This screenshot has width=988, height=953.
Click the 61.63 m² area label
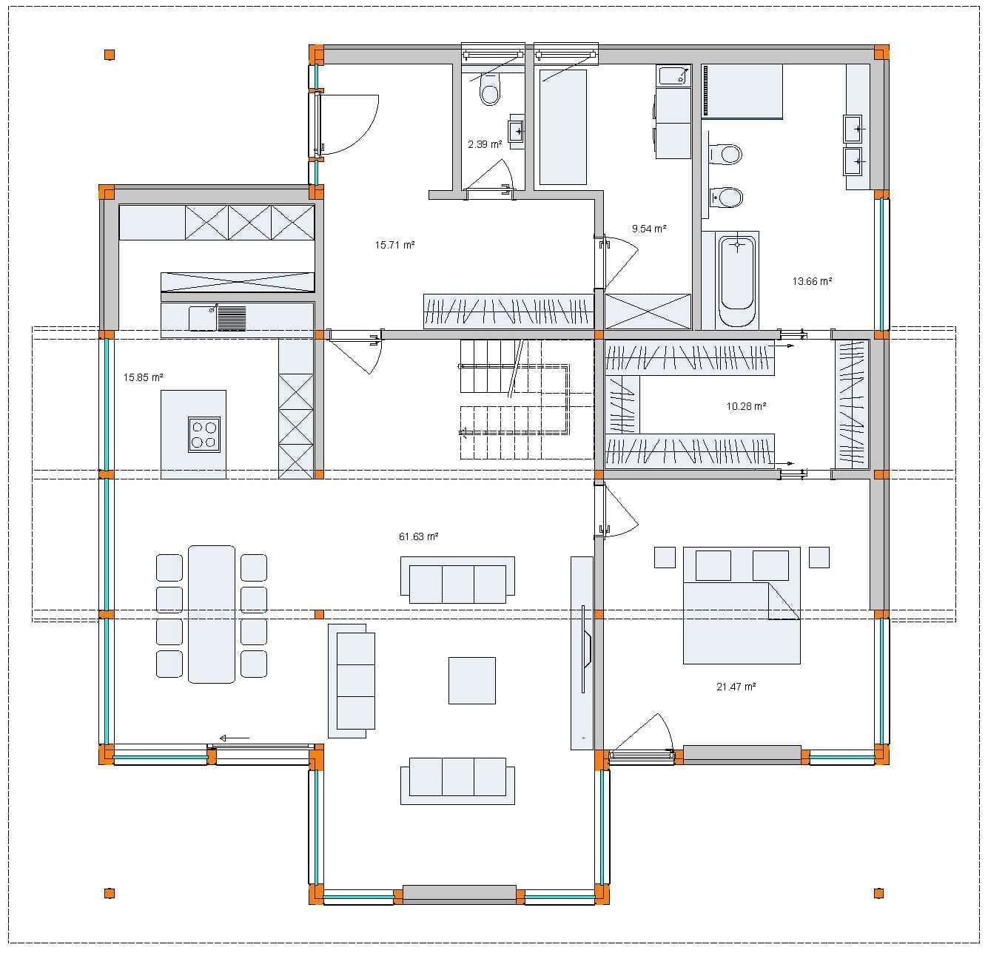418,536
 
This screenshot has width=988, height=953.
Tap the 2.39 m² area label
485,144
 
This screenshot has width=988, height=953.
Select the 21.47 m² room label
736,687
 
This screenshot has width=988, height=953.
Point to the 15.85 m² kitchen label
143,377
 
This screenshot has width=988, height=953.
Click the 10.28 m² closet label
746,406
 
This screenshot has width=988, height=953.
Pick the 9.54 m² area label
649,229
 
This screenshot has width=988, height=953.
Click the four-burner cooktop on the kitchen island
204,434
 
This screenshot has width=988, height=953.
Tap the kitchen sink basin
203,318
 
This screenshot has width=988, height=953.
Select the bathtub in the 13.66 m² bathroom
737,280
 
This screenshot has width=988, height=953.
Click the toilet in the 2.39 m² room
490,90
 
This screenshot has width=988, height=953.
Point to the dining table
211,614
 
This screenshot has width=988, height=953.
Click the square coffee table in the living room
471,681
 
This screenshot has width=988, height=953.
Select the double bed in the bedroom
742,605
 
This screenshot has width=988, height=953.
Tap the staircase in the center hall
515,400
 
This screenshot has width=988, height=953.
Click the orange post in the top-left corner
109,55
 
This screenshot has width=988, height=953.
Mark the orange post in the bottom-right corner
878,893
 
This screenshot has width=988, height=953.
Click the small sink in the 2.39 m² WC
517,132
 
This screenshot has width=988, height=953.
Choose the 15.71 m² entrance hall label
394,245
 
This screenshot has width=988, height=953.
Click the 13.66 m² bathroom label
812,280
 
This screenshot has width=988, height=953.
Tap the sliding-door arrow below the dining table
234,738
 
